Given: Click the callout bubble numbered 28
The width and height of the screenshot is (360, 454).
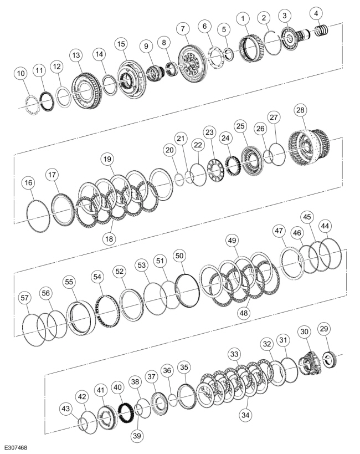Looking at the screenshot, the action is pos(300,110).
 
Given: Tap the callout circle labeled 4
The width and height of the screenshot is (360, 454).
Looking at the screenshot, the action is pos(316,13).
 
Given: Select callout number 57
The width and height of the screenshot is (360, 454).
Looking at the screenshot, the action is pos(25,298).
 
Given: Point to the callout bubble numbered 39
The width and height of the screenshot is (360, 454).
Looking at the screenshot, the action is pos(137,435).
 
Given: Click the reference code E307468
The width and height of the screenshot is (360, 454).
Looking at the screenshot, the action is pos(16,448).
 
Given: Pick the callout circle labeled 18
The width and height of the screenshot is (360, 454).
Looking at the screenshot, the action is pos(109,238).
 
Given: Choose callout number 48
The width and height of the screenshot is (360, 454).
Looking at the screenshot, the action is pos(244,313).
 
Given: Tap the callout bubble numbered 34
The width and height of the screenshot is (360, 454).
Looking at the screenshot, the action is pos(245,415).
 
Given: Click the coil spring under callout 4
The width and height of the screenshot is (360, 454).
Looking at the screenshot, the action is pos(322,30).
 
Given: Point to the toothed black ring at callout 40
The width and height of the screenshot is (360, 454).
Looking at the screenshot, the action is pos(126,410).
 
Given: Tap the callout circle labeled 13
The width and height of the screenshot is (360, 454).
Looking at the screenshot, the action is pos(76,55).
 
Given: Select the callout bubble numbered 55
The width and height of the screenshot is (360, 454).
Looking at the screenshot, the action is pos(69,282).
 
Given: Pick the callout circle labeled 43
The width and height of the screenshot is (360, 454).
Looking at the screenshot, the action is pos(66,409).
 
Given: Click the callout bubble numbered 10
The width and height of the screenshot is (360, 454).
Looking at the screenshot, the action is pos(21,73).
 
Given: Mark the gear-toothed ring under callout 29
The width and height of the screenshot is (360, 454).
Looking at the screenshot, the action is pos(330,359).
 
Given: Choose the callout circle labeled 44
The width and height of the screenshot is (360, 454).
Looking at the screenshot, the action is pos(325,226).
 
